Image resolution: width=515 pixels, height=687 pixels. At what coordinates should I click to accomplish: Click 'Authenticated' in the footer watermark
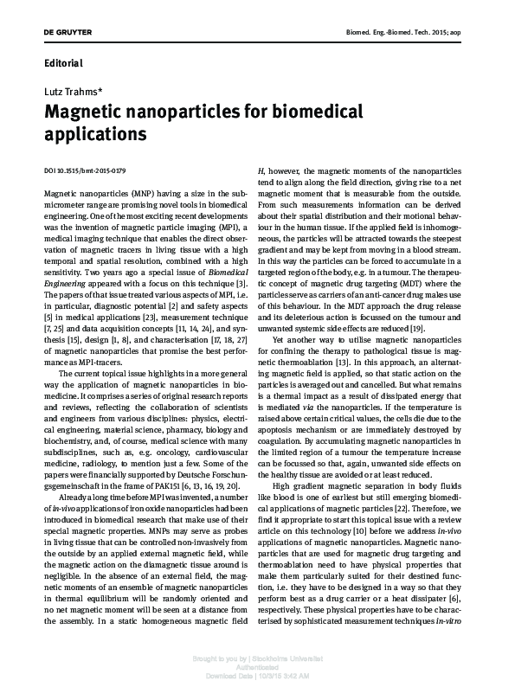tap(258, 667)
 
